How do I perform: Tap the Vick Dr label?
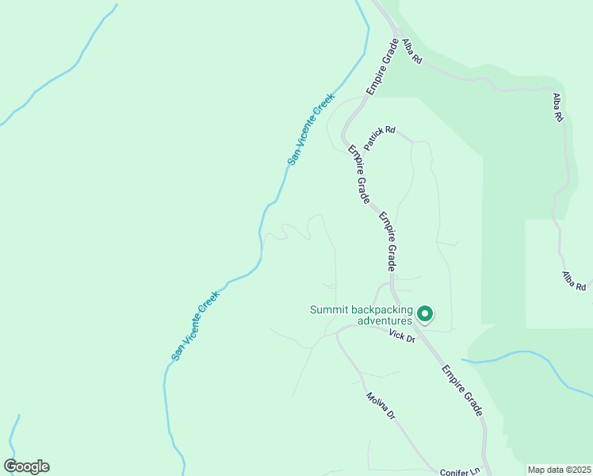[402, 336]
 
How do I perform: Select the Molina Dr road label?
[380, 406]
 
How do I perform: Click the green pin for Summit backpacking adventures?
[424, 314]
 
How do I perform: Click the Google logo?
[26, 466]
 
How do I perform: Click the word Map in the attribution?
[537, 470]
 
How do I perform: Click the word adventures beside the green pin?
[384, 321]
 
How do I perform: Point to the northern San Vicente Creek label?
[312, 129]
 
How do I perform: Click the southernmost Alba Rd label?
[575, 280]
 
